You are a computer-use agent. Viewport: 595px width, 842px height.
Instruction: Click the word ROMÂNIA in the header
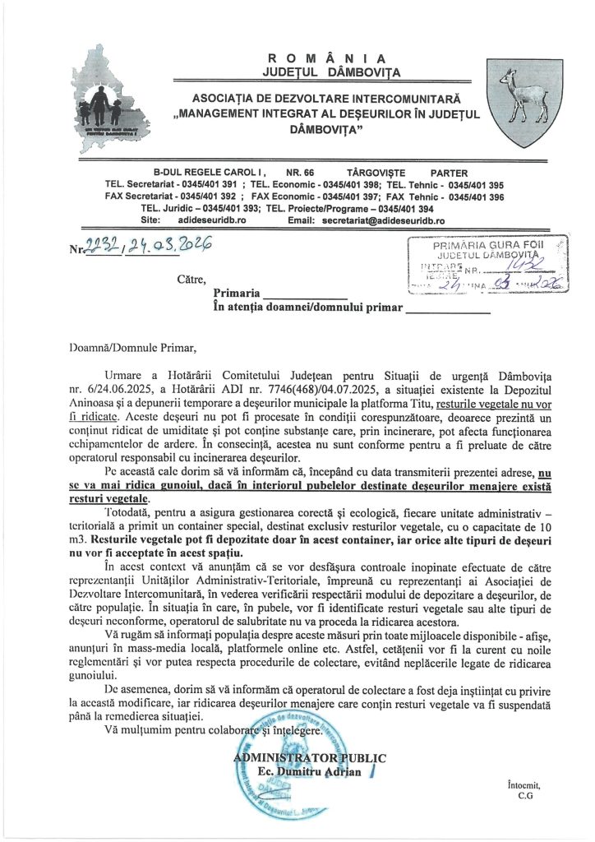coord(326,58)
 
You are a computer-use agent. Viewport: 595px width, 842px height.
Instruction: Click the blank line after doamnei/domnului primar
coord(448,311)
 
